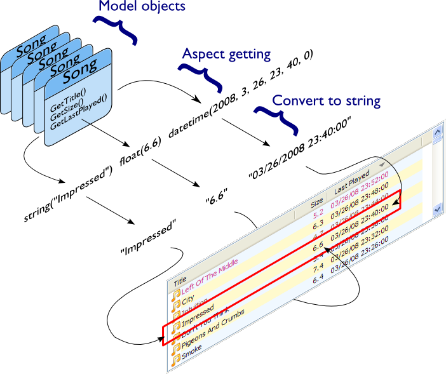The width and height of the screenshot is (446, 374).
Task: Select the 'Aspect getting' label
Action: (226, 54)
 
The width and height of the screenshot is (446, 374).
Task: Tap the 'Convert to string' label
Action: (326, 100)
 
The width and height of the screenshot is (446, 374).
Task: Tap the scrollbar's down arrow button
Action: (437, 209)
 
